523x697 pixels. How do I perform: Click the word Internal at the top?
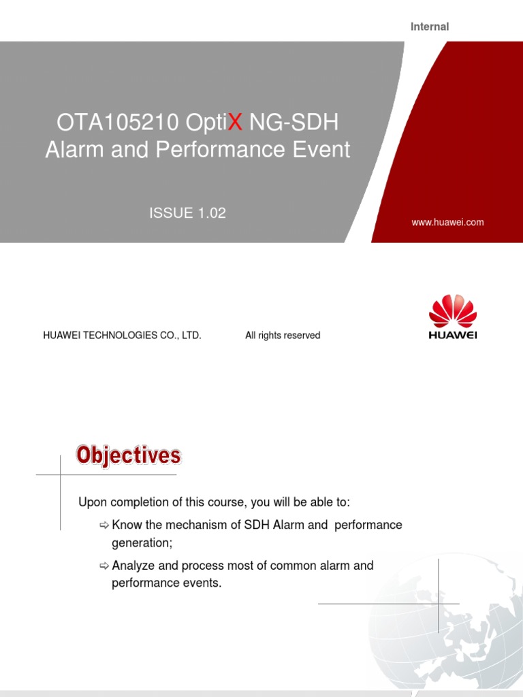click(x=429, y=27)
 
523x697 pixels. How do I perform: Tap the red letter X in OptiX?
click(x=235, y=123)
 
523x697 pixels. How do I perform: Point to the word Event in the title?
click(x=321, y=149)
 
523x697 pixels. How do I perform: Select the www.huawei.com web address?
click(x=447, y=222)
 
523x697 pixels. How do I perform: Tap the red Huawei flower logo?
click(x=452, y=311)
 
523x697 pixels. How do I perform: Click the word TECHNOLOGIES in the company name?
click(x=125, y=336)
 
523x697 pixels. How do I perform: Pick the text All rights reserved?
click(x=283, y=336)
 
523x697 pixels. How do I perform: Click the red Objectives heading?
click(x=128, y=455)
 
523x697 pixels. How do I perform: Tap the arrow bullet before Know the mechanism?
click(x=104, y=525)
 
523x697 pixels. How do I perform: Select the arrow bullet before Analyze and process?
click(x=104, y=566)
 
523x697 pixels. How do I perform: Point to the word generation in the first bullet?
click(x=141, y=542)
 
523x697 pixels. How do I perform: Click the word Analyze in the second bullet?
click(x=133, y=566)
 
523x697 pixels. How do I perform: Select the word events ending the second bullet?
click(x=202, y=583)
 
